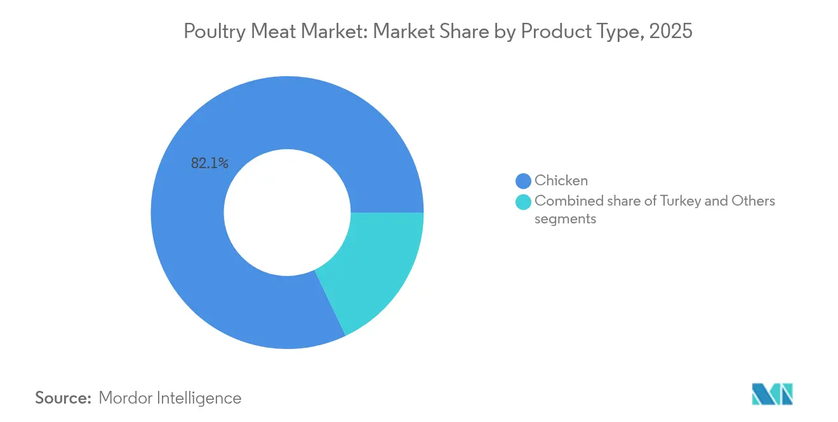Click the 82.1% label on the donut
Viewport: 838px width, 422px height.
click(209, 164)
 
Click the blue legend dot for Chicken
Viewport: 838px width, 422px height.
click(523, 181)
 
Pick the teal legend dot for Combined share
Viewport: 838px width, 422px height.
click(523, 202)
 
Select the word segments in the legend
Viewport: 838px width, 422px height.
click(565, 219)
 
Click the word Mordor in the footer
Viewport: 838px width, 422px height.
click(126, 398)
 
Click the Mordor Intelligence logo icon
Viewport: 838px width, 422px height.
click(772, 393)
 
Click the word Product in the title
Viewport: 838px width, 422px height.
click(550, 32)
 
